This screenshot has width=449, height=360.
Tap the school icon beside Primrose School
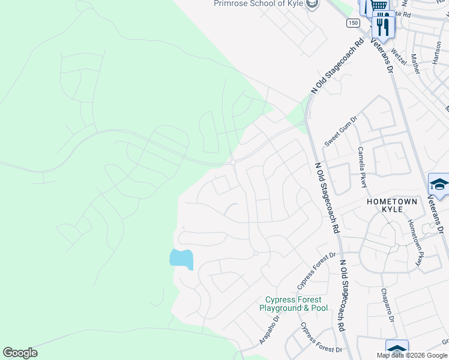coord(311,5)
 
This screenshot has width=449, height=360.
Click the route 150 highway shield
coord(352,22)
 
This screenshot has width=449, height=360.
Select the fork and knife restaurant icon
coord(382,25)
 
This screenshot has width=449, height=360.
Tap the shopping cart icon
coord(378,6)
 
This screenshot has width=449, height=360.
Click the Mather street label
coord(415,64)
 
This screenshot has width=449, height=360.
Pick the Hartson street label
coord(436,55)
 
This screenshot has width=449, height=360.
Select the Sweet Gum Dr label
coord(340,131)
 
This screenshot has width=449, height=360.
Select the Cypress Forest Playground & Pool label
coord(294,304)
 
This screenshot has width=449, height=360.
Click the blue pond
coord(181,259)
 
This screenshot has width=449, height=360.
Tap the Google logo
coord(20,353)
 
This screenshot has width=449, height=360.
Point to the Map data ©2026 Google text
coord(412,355)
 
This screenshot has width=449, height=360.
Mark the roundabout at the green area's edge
coord(233,162)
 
